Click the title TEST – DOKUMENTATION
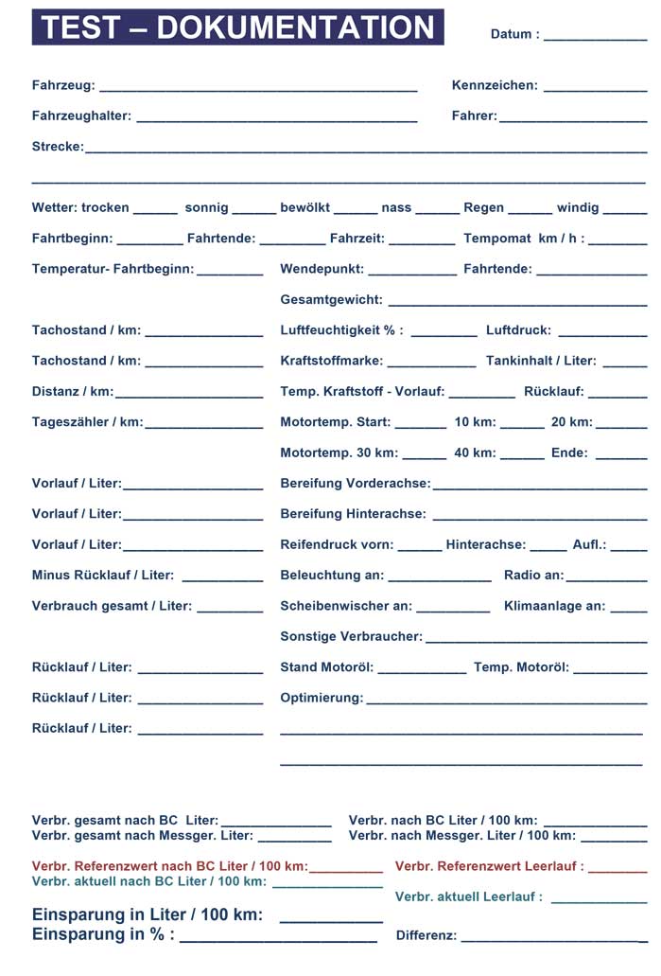(238, 27)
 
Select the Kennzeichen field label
(494, 85)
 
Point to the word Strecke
(57, 147)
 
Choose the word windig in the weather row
(577, 207)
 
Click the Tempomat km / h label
(523, 239)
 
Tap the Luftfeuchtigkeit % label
(341, 330)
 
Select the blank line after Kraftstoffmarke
(431, 364)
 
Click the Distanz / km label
(72, 391)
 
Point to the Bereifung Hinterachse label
(353, 514)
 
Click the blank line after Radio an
(606, 578)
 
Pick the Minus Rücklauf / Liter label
(102, 575)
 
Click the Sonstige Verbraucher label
(351, 636)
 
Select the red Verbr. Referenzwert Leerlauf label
(489, 866)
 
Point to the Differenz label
(426, 935)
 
